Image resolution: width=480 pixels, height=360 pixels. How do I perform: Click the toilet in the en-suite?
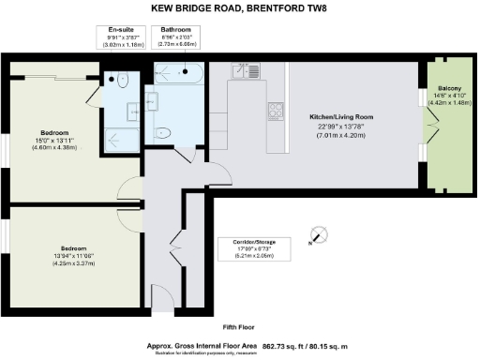124,81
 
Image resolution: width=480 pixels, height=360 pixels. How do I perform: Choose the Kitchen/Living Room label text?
341,117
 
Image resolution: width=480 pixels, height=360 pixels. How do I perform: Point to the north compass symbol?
317,234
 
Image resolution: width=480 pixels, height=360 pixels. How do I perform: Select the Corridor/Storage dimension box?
247,248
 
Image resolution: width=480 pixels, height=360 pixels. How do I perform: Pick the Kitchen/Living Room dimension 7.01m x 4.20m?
341,136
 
